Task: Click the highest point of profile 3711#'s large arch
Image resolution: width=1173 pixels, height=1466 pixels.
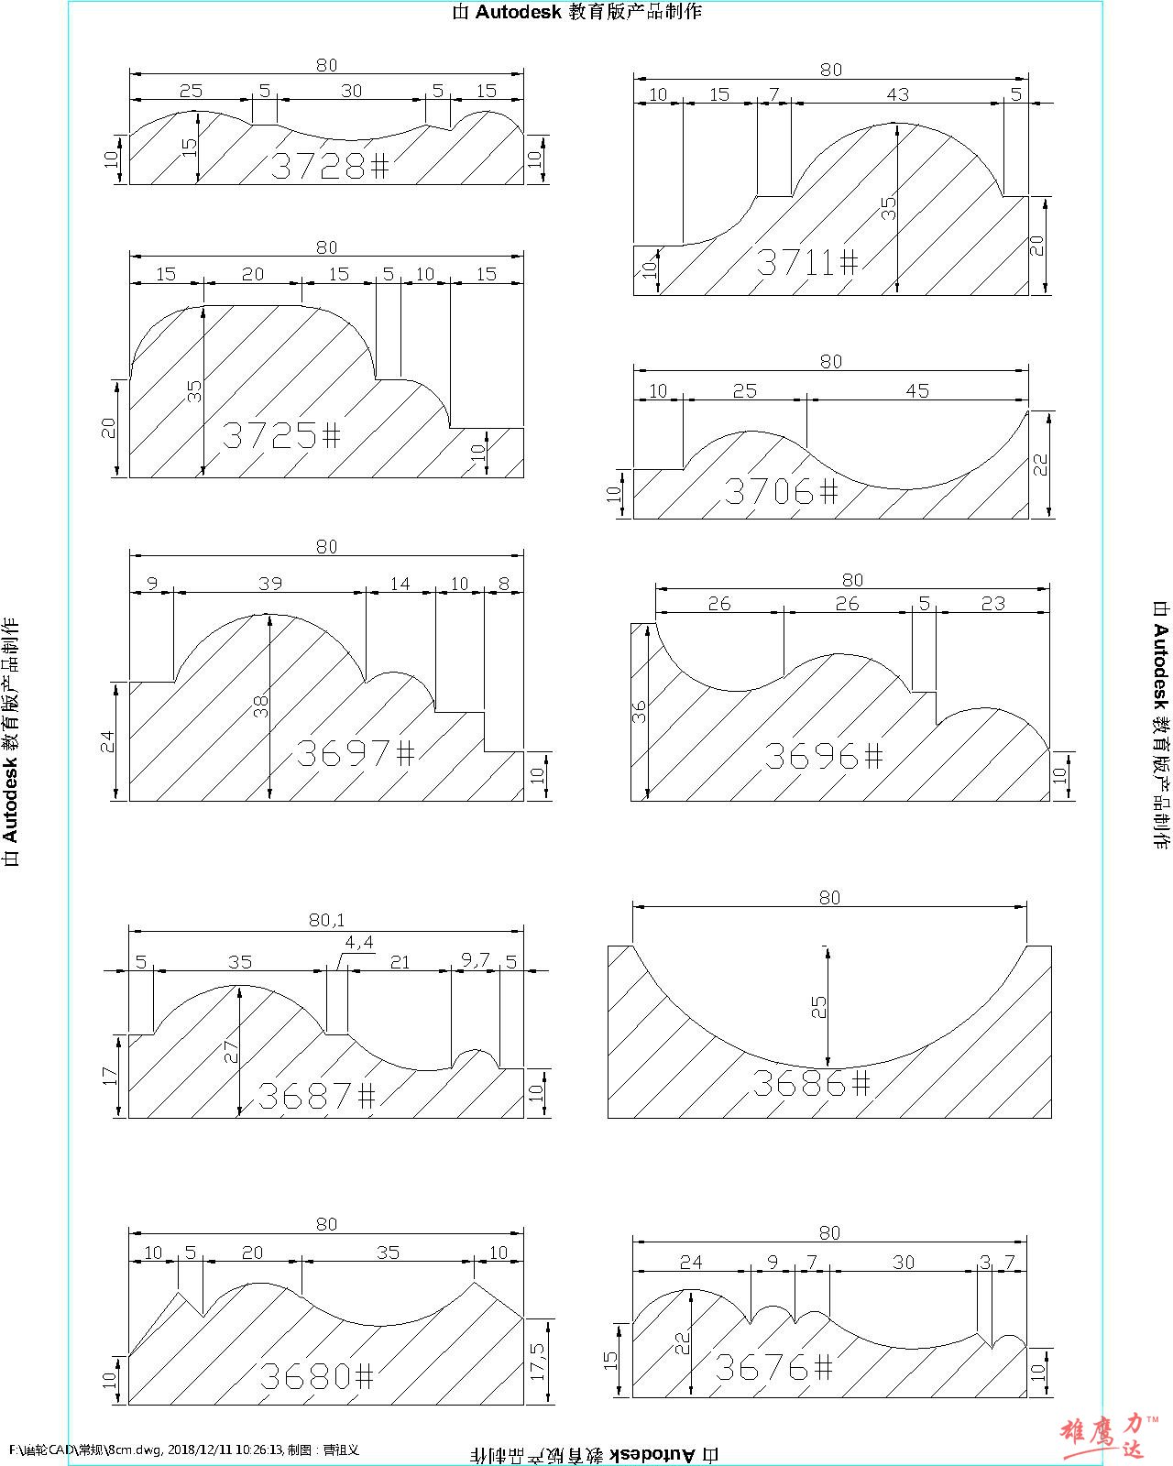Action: click(896, 124)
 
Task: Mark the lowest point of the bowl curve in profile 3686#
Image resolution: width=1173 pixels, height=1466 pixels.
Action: click(828, 1069)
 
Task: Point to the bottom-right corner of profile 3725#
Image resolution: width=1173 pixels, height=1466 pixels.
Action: click(523, 477)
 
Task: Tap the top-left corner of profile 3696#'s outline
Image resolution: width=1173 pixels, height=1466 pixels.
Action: click(631, 623)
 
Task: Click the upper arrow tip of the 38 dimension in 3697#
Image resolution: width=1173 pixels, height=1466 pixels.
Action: click(270, 615)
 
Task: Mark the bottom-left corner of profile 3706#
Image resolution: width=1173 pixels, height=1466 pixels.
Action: click(634, 519)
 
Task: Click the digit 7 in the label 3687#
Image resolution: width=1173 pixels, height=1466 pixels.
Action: click(341, 1096)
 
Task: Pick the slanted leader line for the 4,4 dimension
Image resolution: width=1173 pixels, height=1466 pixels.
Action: click(338, 960)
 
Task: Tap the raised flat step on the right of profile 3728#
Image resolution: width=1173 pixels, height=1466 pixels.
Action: click(438, 126)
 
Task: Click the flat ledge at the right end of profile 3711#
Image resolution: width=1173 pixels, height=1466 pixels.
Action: click(1015, 196)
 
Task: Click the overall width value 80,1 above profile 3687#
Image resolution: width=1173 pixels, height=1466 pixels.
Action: click(326, 920)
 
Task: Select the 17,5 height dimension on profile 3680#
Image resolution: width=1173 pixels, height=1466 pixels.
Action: click(538, 1362)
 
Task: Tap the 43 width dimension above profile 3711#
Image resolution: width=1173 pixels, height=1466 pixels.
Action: click(898, 94)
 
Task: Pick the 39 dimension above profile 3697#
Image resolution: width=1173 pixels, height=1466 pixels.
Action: click(270, 583)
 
